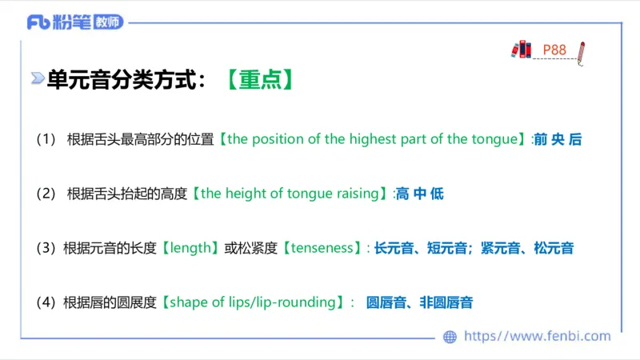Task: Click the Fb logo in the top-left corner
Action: click(x=38, y=22)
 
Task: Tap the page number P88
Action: click(x=554, y=50)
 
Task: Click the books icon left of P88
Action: click(x=522, y=49)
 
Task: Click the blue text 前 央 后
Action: click(x=558, y=139)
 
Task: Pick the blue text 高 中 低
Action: click(x=419, y=194)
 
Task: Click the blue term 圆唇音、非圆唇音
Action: click(x=419, y=302)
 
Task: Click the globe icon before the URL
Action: click(x=450, y=337)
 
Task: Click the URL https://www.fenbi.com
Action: click(x=537, y=337)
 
